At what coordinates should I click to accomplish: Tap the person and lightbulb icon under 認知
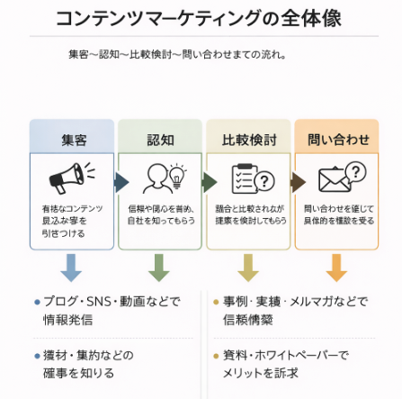click(162, 177)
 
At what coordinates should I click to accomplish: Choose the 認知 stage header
click(162, 139)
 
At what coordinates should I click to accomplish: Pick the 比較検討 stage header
click(249, 139)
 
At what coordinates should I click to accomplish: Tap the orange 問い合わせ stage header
click(338, 139)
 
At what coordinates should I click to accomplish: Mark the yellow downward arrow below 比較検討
click(248, 267)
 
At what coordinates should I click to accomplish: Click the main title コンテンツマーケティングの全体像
click(198, 19)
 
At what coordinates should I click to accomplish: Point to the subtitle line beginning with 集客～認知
click(176, 54)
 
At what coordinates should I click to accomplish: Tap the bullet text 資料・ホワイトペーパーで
click(286, 354)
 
